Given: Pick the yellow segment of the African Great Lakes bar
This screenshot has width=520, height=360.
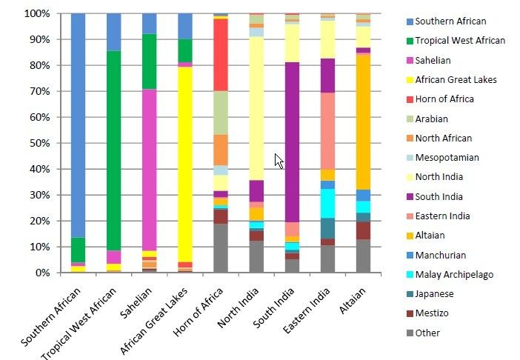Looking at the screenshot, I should click(184, 164).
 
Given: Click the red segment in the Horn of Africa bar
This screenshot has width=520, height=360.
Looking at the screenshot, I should click(220, 55).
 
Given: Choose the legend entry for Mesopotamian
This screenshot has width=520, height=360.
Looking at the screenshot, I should click(446, 158).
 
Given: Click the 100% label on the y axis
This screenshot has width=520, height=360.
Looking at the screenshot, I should click(36, 13).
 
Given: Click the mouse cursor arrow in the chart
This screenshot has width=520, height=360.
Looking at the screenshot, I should click(279, 161).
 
